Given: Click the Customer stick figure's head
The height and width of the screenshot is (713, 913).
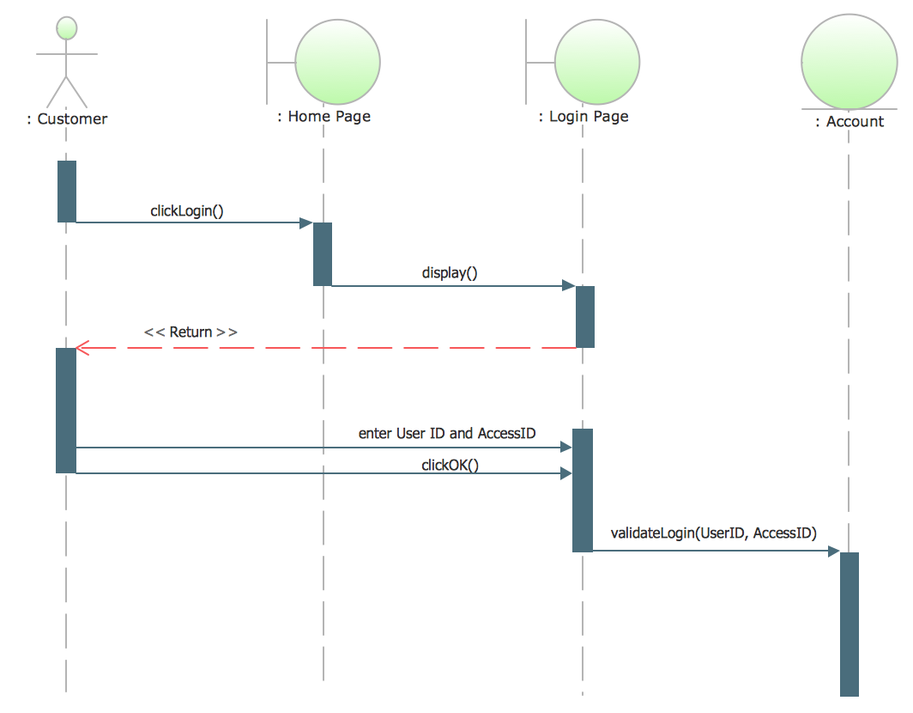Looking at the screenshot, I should pyautogui.click(x=66, y=28).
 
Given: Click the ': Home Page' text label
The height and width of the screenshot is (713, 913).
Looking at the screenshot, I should pyautogui.click(x=323, y=116).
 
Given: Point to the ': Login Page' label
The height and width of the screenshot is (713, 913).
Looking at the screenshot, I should pyautogui.click(x=583, y=116).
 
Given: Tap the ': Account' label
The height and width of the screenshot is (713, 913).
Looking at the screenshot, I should pyautogui.click(x=849, y=122).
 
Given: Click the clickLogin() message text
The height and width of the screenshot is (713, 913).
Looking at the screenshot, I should pyautogui.click(x=186, y=210).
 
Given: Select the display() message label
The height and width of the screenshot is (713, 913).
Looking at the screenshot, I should pyautogui.click(x=450, y=273).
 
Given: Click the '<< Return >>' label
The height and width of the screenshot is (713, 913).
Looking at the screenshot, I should pyautogui.click(x=190, y=332).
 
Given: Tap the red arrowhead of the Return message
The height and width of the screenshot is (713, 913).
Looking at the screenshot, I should pyautogui.click(x=82, y=348).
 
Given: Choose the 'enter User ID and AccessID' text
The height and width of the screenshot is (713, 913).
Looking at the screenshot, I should pyautogui.click(x=447, y=434).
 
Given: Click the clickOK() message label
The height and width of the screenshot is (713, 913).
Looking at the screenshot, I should pyautogui.click(x=450, y=465).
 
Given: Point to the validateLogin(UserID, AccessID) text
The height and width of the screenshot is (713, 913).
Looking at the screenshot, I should pyautogui.click(x=713, y=533).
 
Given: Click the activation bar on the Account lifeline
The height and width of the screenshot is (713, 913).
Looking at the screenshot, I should pyautogui.click(x=849, y=623).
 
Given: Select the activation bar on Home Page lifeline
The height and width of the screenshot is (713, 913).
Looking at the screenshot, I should pyautogui.click(x=323, y=253).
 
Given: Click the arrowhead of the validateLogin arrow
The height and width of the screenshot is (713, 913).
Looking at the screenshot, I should pyautogui.click(x=833, y=552).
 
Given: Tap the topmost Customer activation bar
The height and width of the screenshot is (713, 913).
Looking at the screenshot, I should pyautogui.click(x=67, y=191).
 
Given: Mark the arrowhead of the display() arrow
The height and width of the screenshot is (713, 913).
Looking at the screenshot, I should pyautogui.click(x=568, y=285).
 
